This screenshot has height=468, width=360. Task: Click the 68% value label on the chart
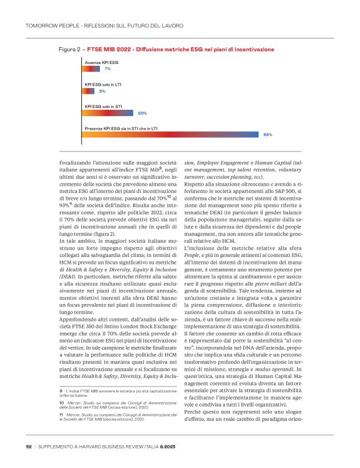click(x=268, y=134)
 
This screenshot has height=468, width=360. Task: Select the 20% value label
click(x=142, y=113)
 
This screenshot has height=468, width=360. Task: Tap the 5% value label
click(x=102, y=91)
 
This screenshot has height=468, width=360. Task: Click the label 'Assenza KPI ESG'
click(x=101, y=63)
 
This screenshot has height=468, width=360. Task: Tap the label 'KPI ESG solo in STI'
click(x=103, y=106)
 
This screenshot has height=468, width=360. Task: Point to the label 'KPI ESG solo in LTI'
click(x=103, y=84)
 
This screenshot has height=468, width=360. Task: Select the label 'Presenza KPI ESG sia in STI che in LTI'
click(x=120, y=128)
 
